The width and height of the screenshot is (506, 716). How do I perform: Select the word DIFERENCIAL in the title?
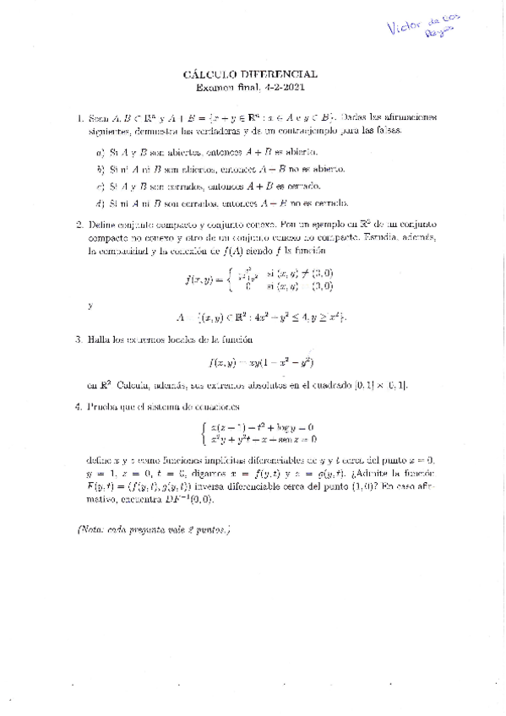[278, 74]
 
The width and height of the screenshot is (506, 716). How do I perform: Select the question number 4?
[79, 406]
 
